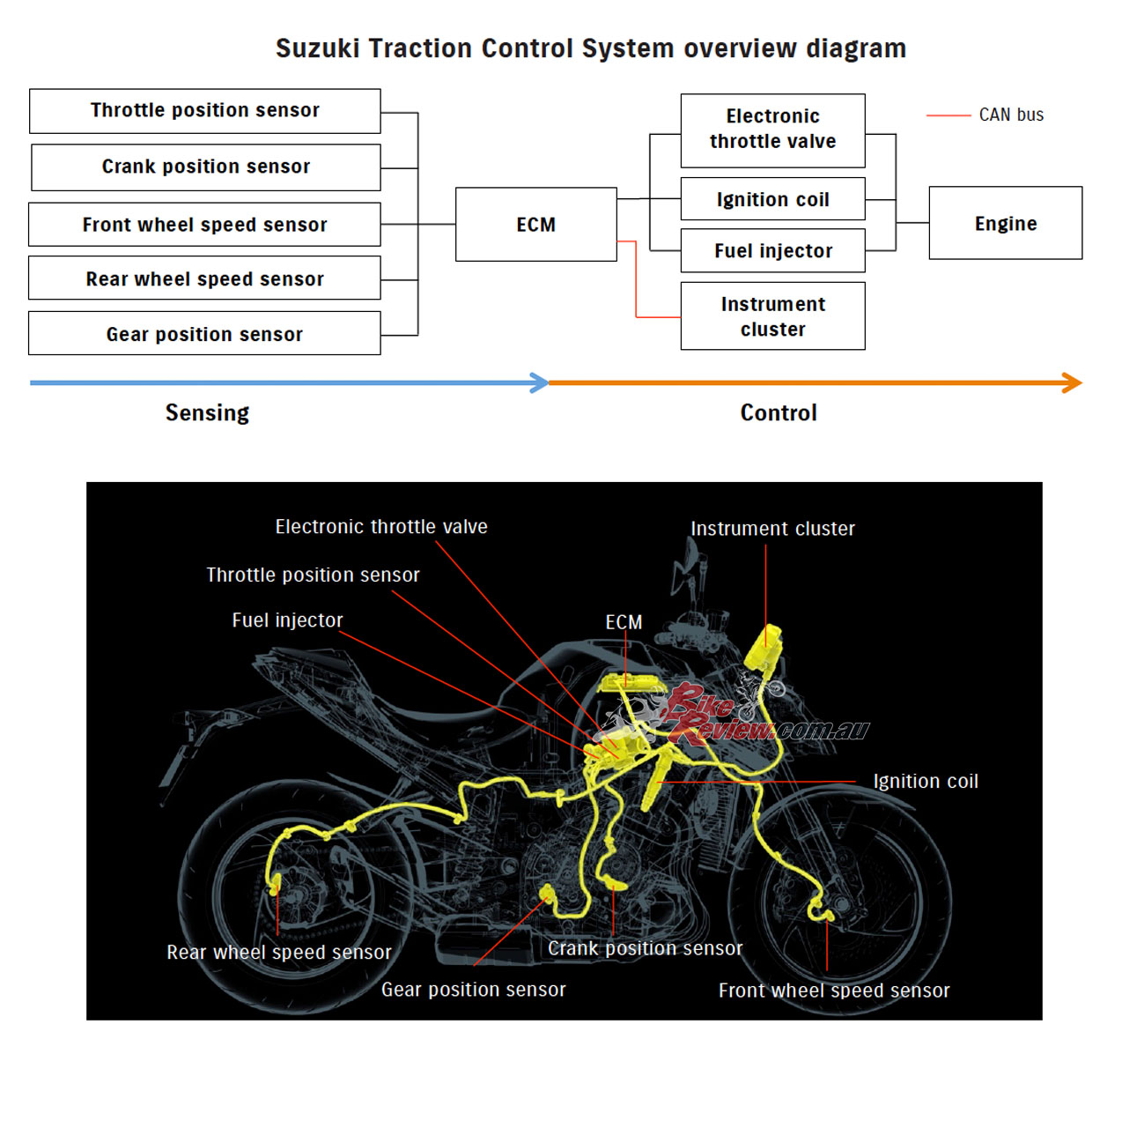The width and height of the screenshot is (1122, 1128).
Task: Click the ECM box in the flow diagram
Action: pyautogui.click(x=535, y=225)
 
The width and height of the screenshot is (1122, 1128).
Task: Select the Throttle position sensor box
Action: pyautogui.click(x=205, y=111)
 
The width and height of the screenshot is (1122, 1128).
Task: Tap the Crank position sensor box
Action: pyautogui.click(x=206, y=167)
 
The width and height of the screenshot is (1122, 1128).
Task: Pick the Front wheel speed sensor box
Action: pyautogui.click(x=204, y=225)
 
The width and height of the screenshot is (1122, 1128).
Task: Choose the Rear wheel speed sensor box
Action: pyautogui.click(x=204, y=278)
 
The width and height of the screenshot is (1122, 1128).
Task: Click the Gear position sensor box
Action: pyautogui.click(x=204, y=334)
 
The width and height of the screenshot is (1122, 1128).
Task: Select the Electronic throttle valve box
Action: pyautogui.click(x=772, y=130)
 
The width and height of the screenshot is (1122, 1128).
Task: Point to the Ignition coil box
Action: pyautogui.click(x=772, y=199)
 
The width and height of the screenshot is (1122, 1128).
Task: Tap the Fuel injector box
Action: pyautogui.click(x=772, y=251)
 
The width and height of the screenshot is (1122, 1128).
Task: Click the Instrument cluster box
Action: pyautogui.click(x=772, y=316)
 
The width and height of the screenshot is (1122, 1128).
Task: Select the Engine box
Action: pyautogui.click(x=1005, y=224)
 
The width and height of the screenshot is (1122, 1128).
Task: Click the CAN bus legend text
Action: pyautogui.click(x=1011, y=115)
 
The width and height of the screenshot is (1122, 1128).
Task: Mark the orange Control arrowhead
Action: pyautogui.click(x=1073, y=382)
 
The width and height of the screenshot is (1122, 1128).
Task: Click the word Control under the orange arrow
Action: pyautogui.click(x=779, y=413)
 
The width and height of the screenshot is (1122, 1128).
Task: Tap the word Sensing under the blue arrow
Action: pyautogui.click(x=207, y=413)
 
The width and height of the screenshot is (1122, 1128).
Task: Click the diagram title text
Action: pyautogui.click(x=591, y=48)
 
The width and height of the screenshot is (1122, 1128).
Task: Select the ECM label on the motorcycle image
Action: pyautogui.click(x=624, y=622)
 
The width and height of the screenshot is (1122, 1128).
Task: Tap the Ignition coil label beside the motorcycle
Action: pyautogui.click(x=925, y=782)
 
